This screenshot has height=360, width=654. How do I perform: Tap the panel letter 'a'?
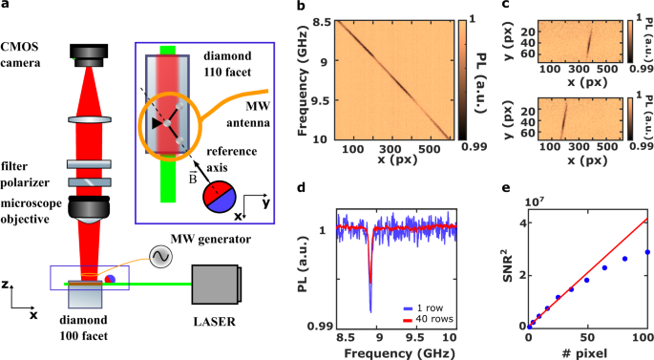(x=8, y=8)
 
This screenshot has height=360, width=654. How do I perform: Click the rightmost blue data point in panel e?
(x=646, y=252)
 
